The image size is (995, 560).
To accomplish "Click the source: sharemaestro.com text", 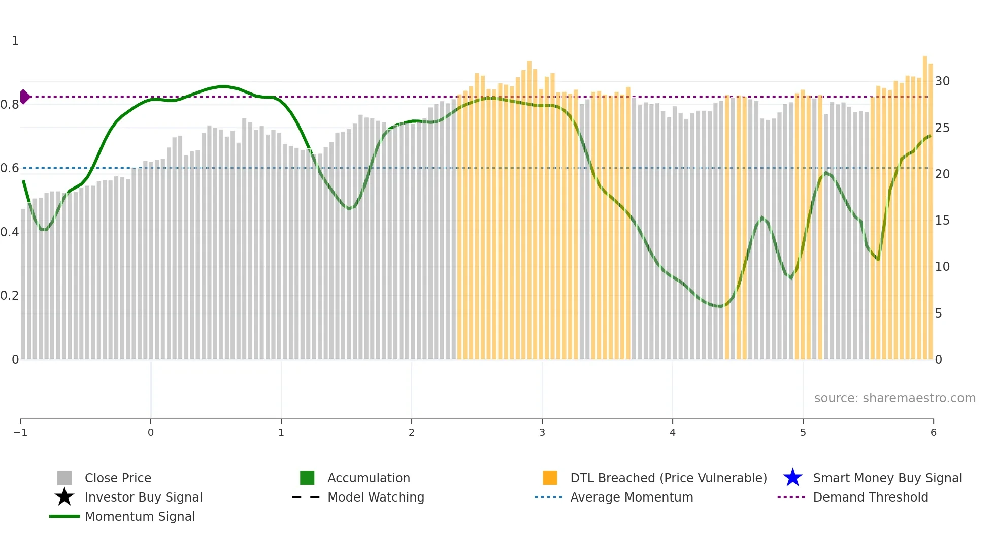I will coord(894,398).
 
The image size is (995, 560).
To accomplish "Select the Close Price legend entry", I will coord(117,478).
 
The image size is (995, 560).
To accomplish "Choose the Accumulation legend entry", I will coord(368,478).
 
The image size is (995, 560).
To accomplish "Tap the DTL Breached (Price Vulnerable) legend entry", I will coord(668,478).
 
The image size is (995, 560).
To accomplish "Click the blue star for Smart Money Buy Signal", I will coord(792,478).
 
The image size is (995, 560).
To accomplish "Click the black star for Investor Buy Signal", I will coord(64,497).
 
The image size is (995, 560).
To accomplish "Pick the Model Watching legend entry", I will coord(375,497).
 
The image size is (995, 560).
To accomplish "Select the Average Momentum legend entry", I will coord(631,497).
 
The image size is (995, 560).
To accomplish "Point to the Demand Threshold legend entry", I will coord(870,497).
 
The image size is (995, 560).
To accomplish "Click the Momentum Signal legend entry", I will coord(140,516).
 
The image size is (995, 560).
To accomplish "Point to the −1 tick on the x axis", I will coord(20,432).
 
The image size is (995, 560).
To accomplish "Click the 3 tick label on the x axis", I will coord(542,432).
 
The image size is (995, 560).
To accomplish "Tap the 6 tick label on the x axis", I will coord(933,432).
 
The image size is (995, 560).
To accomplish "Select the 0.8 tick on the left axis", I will coord(10,105).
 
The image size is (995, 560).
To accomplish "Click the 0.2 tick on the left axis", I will coord(10,296).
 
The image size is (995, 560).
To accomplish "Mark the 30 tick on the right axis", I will coord(942,81).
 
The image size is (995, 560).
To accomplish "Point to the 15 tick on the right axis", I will coord(942,221).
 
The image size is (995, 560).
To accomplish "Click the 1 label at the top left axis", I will coord(15,41).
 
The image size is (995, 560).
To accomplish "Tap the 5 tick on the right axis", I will coord(939,314).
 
